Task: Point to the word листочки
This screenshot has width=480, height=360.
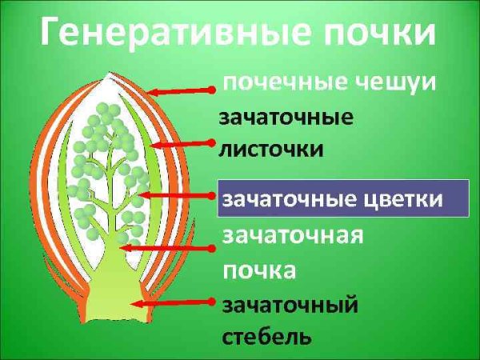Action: pyautogui.click(x=271, y=149)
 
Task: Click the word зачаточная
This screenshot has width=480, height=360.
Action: pyautogui.click(x=293, y=237)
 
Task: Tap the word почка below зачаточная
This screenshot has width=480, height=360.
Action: pyautogui.click(x=259, y=270)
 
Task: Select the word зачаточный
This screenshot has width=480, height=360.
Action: pyautogui.click(x=289, y=305)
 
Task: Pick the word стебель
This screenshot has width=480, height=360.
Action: pyautogui.click(x=266, y=335)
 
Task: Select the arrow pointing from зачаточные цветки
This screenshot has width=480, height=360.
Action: pyautogui.click(x=176, y=194)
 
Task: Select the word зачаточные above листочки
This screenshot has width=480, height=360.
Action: pyautogui.click(x=286, y=118)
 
